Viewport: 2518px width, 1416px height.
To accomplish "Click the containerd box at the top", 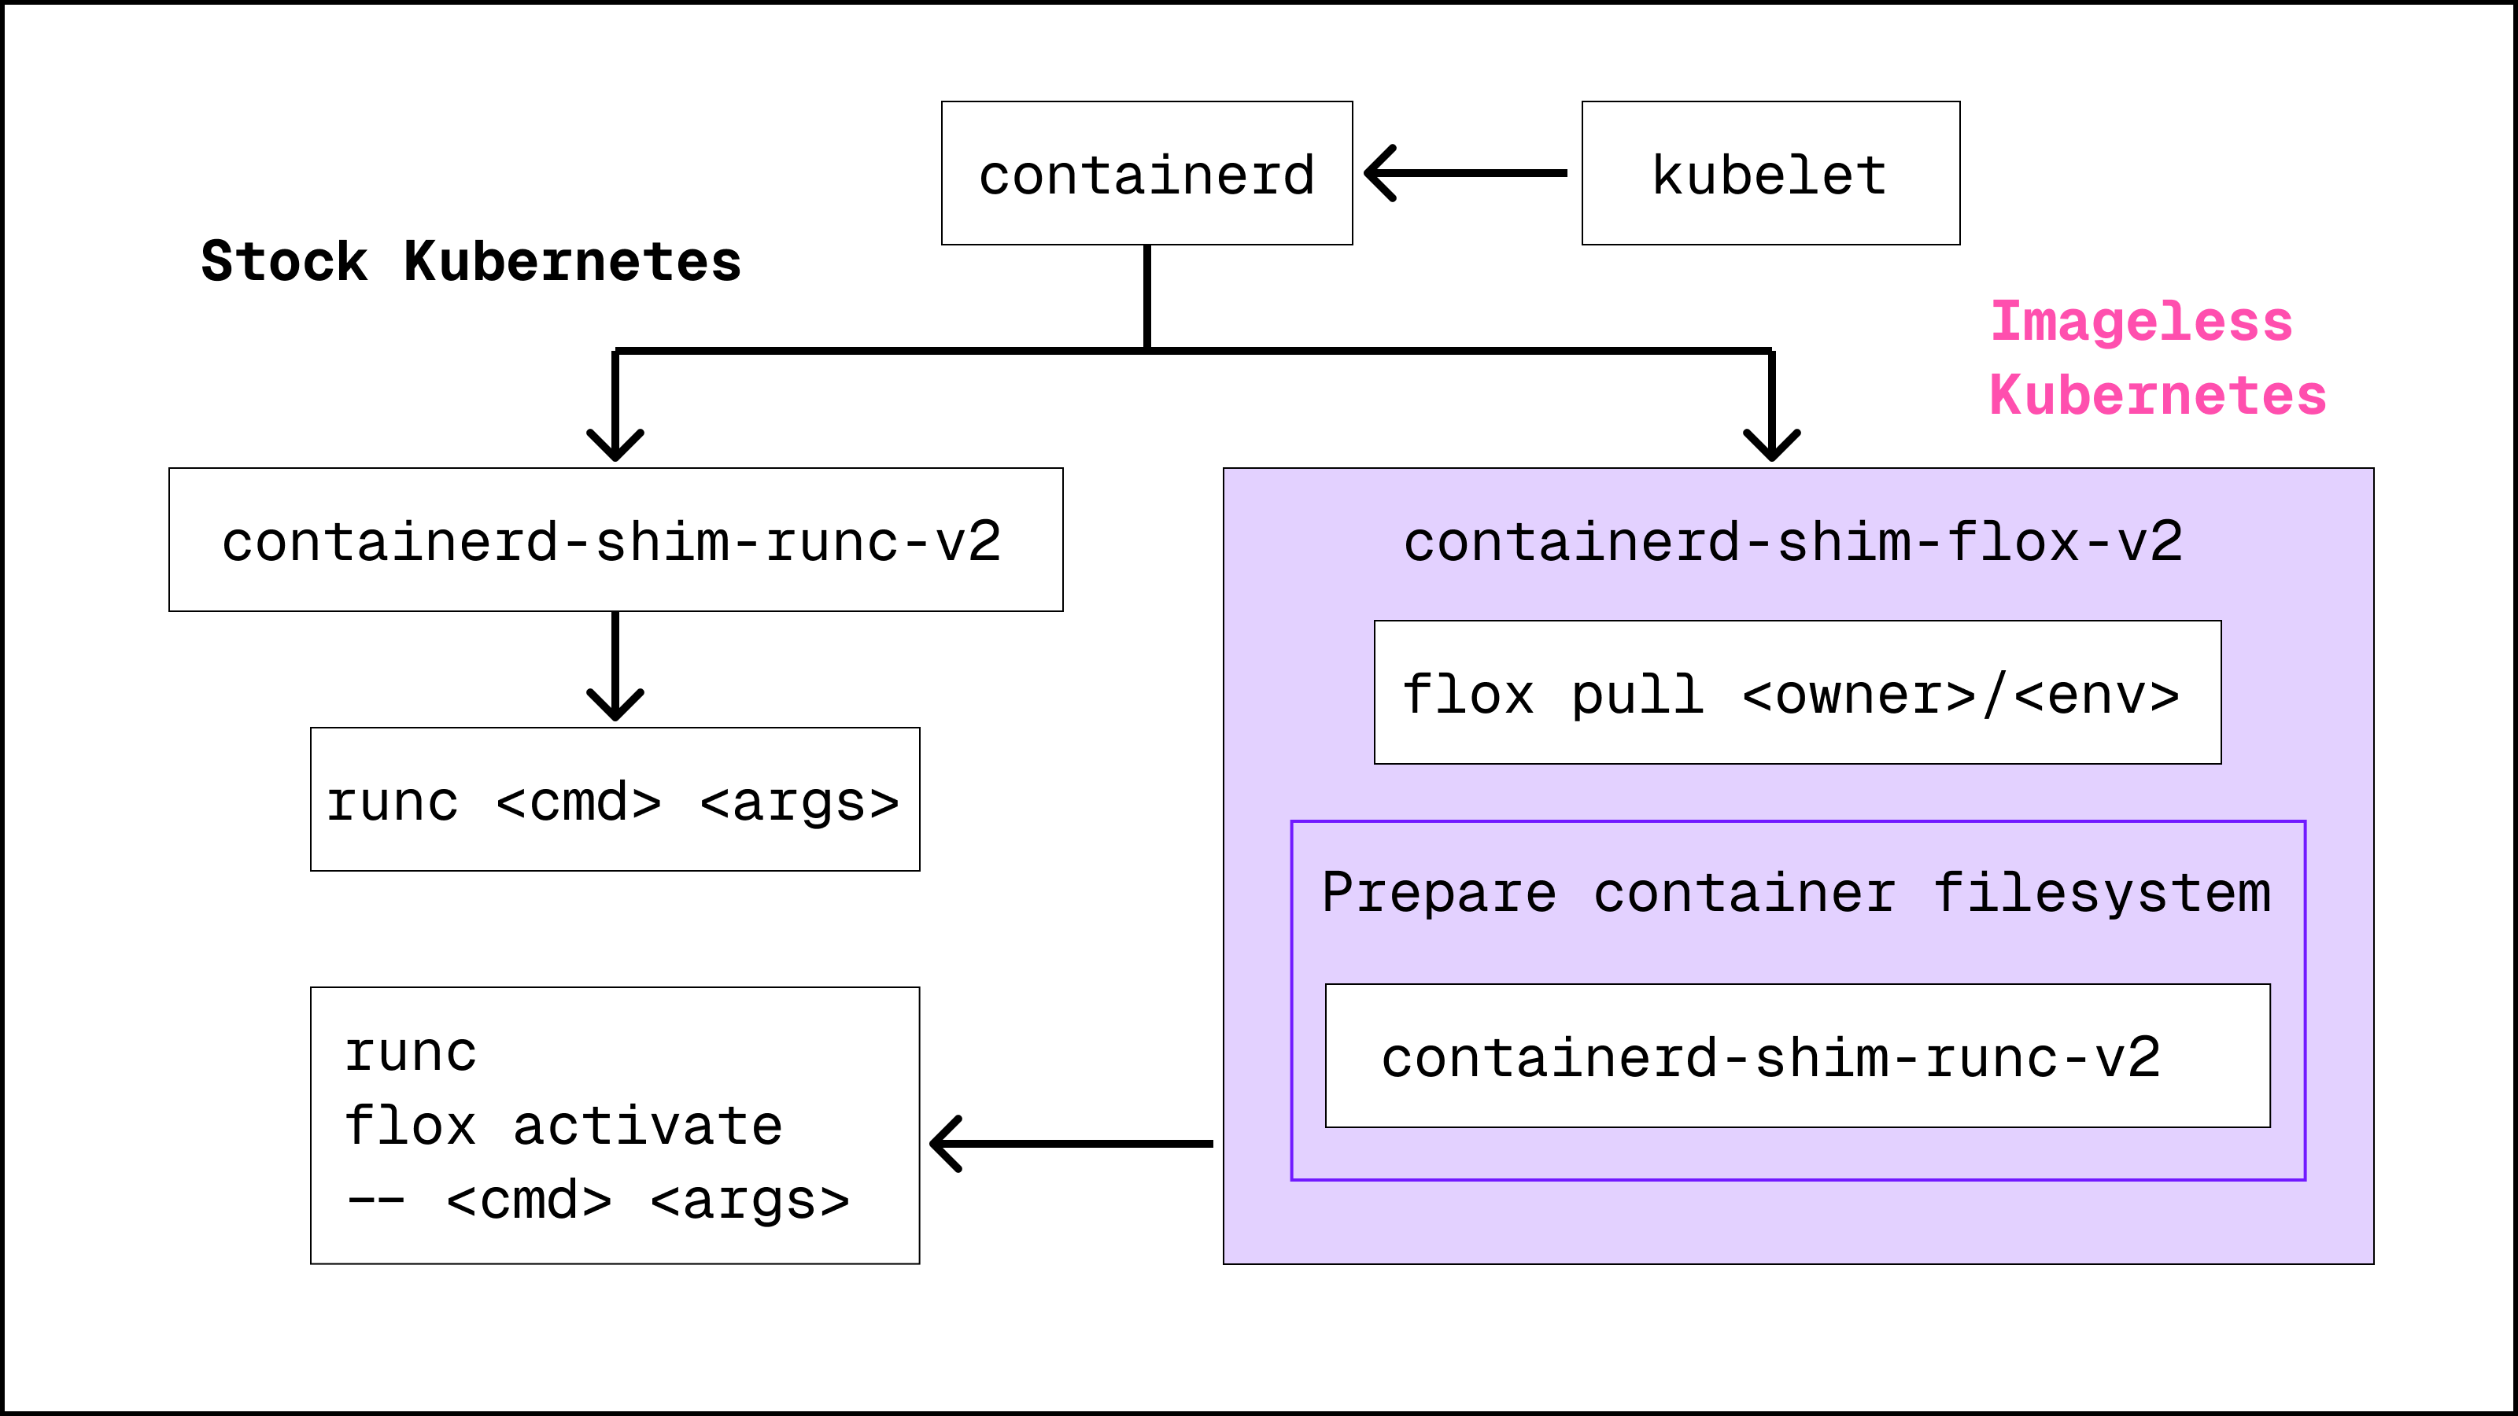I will (1146, 174).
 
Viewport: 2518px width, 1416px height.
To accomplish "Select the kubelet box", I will (1770, 174).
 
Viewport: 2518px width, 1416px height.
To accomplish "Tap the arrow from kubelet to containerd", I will (1466, 173).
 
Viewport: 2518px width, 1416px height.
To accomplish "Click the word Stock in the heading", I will (283, 262).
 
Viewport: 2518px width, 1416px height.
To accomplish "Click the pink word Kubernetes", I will (2158, 396).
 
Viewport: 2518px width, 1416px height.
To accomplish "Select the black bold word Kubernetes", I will (573, 262).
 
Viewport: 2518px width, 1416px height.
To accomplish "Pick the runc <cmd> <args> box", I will (614, 800).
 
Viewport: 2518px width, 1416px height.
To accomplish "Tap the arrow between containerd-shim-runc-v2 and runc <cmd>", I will (615, 665).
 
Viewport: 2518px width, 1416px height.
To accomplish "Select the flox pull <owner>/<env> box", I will (1796, 694).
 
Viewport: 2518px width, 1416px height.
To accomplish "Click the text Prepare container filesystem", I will (1796, 892).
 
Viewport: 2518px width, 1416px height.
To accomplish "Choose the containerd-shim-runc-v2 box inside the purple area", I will (1796, 1056).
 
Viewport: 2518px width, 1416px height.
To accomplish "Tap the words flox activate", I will (563, 1126).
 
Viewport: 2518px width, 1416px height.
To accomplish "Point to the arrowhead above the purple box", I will (1771, 444).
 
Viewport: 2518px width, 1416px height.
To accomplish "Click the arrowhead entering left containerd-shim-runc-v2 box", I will (615, 444).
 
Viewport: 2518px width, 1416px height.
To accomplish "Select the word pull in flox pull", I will (1637, 695).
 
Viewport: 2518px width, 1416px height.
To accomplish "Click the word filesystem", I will (2102, 893).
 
